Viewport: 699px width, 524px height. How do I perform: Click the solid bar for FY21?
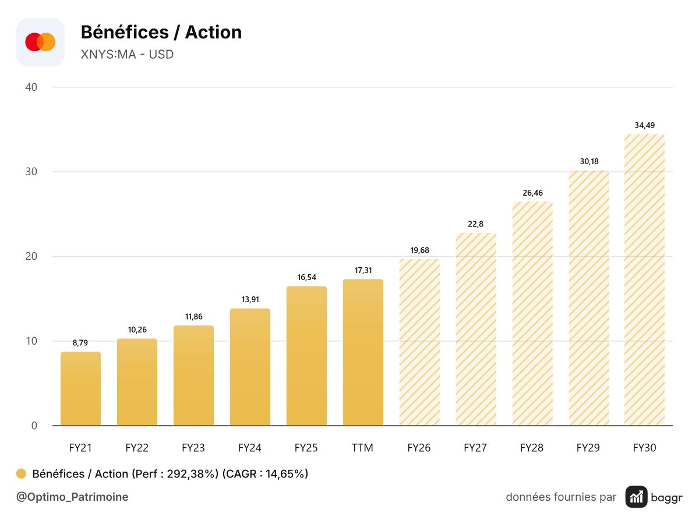point(80,388)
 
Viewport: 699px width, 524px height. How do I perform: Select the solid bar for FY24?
point(250,367)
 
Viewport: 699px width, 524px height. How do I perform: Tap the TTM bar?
point(363,352)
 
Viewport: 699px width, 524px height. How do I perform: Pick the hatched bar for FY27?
point(476,329)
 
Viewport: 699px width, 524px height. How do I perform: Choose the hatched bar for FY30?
point(645,279)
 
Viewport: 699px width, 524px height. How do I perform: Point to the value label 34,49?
point(645,125)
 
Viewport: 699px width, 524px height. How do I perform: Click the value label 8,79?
point(80,343)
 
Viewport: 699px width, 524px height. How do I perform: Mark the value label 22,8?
point(475,224)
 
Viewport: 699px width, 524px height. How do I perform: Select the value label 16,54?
point(306,278)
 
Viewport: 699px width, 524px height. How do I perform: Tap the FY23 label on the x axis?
point(193,448)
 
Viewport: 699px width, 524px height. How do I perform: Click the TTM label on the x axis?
point(362,448)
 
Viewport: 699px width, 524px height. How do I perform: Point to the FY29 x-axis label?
point(588,448)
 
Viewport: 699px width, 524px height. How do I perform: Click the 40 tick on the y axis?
point(31,87)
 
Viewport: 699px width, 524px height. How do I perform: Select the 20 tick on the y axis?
point(31,256)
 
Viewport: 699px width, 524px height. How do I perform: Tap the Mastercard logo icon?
point(40,42)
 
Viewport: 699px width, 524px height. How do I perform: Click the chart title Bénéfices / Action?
point(161,32)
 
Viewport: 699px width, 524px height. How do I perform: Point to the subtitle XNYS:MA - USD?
point(127,54)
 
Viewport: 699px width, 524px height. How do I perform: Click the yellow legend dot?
point(21,474)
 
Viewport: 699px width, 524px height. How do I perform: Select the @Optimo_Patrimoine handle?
point(72,497)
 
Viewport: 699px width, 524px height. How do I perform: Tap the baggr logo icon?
point(636,497)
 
